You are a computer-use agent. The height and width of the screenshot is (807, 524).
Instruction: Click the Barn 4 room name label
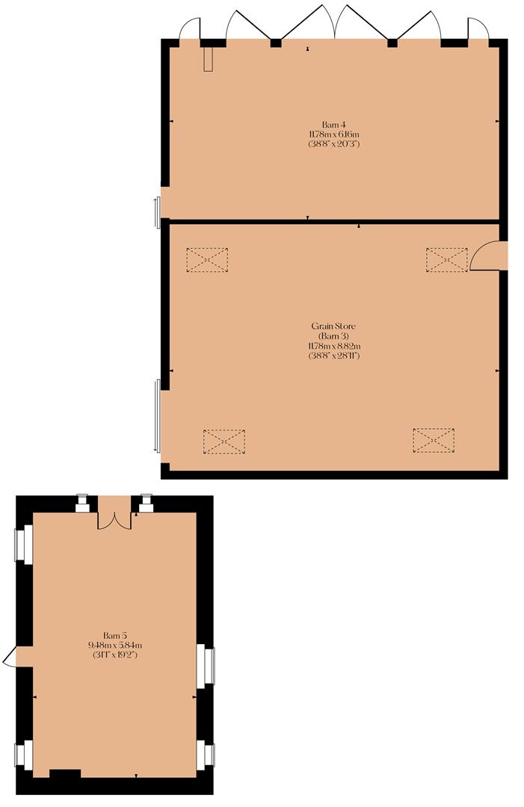[333, 124]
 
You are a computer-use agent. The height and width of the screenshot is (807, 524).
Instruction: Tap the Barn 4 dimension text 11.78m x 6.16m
[333, 134]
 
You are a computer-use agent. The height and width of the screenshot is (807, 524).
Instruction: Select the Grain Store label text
[333, 326]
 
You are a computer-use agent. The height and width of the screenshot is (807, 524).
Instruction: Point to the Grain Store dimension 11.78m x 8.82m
[333, 346]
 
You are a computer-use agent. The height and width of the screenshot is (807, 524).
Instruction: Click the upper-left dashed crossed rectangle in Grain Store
[207, 260]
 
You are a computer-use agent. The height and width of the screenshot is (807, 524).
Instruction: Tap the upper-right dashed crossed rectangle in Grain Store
[446, 260]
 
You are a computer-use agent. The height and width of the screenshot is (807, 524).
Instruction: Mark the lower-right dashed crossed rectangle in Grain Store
[434, 441]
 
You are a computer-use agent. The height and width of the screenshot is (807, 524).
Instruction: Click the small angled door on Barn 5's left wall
[10, 657]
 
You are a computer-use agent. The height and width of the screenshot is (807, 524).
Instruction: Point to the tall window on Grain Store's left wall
[157, 415]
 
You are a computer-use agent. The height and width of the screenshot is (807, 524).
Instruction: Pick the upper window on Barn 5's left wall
[23, 543]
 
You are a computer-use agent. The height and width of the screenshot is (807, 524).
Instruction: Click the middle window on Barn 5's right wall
[207, 666]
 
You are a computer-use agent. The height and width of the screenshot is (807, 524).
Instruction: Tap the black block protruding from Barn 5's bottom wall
[65, 773]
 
